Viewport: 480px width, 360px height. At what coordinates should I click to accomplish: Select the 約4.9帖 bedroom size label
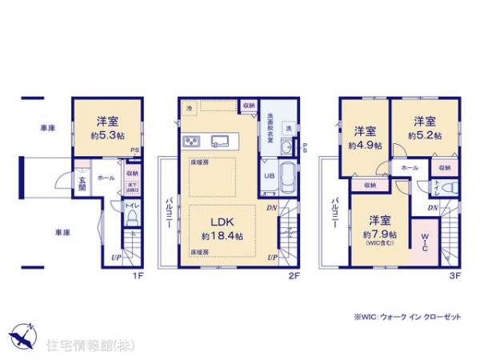pyautogui.click(x=365, y=146)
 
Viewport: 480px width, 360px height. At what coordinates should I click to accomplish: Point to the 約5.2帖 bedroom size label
pyautogui.click(x=424, y=136)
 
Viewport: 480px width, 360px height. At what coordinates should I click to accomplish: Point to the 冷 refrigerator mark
pyautogui.click(x=190, y=107)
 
